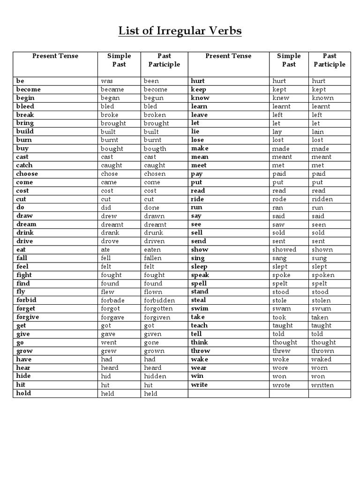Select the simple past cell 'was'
click(107, 81)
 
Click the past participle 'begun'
click(154, 98)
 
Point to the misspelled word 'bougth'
click(155, 149)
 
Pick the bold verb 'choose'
click(27, 174)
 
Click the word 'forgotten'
click(158, 309)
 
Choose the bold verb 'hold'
click(23, 393)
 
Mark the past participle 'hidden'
click(155, 376)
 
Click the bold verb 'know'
click(200, 98)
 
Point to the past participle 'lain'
click(318, 132)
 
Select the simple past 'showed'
click(285, 250)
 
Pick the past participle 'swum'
click(321, 309)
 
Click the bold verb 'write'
click(199, 385)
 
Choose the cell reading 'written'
click(322, 385)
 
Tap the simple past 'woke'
click(281, 360)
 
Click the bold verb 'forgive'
click(27, 317)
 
